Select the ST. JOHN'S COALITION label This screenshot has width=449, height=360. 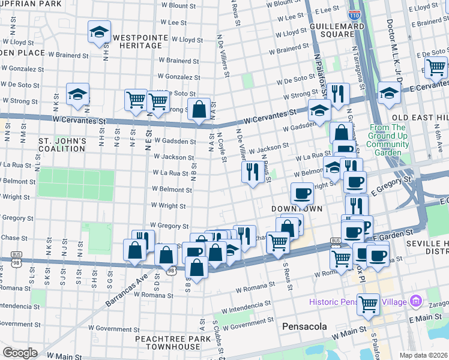pyautogui.click(x=62, y=145)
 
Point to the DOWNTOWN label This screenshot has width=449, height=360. pyautogui.click(x=297, y=208)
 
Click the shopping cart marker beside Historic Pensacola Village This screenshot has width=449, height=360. pyautogui.click(x=367, y=304)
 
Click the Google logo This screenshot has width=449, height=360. pyautogui.click(x=20, y=353)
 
